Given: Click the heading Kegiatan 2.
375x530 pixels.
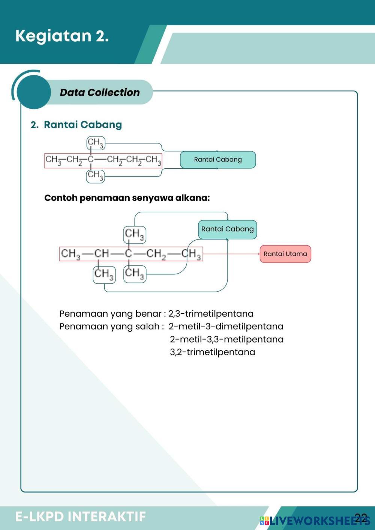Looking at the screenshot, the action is click(x=62, y=36).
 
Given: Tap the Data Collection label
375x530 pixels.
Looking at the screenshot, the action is click(x=100, y=92).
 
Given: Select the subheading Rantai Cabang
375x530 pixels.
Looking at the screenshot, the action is click(x=83, y=125).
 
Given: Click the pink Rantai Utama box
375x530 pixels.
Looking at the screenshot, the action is click(x=285, y=254).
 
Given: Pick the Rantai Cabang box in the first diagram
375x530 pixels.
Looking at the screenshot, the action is click(x=218, y=160).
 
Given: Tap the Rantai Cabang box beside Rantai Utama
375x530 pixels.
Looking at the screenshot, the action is click(x=228, y=229).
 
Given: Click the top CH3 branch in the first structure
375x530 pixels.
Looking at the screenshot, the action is click(x=96, y=143).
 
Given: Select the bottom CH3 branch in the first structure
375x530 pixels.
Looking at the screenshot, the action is click(x=95, y=176).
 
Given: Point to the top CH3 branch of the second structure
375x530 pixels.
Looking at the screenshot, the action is click(x=135, y=235).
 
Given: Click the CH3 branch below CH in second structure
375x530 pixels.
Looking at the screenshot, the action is click(x=104, y=275).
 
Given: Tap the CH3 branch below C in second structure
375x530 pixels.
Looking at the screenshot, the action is click(x=135, y=274).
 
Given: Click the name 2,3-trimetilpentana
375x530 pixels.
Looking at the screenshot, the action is click(x=211, y=314).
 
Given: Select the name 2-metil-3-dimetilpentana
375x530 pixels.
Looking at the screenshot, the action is click(x=226, y=326).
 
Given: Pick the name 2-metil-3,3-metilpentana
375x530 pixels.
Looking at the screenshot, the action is click(x=227, y=339).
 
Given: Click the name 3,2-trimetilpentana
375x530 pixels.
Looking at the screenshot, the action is click(x=213, y=352).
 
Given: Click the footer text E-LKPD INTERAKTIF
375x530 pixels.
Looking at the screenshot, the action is click(x=81, y=516).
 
